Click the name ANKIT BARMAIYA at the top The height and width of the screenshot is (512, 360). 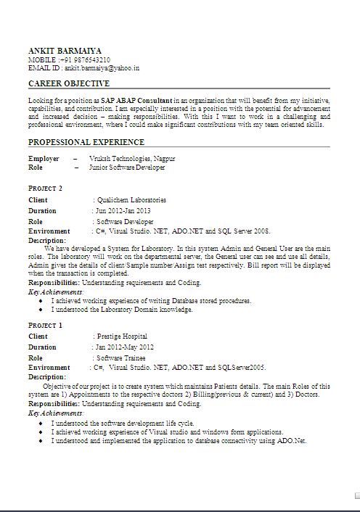coord(69,51)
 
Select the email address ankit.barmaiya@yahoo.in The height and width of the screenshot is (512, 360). coord(102,67)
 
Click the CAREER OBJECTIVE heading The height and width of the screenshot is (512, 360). coord(69,84)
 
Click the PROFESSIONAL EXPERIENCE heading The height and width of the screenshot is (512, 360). coord(86,142)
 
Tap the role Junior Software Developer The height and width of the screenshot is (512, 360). coord(127,168)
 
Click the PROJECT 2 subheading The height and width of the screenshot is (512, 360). coord(45,189)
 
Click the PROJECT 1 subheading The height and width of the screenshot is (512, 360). coord(45,326)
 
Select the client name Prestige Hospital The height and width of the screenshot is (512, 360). coord(122,336)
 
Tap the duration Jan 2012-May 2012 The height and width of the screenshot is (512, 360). coord(125,347)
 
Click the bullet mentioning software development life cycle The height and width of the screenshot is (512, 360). coord(123,423)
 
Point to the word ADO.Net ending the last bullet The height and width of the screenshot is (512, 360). coord(290,440)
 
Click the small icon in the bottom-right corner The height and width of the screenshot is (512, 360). coord(356,495)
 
